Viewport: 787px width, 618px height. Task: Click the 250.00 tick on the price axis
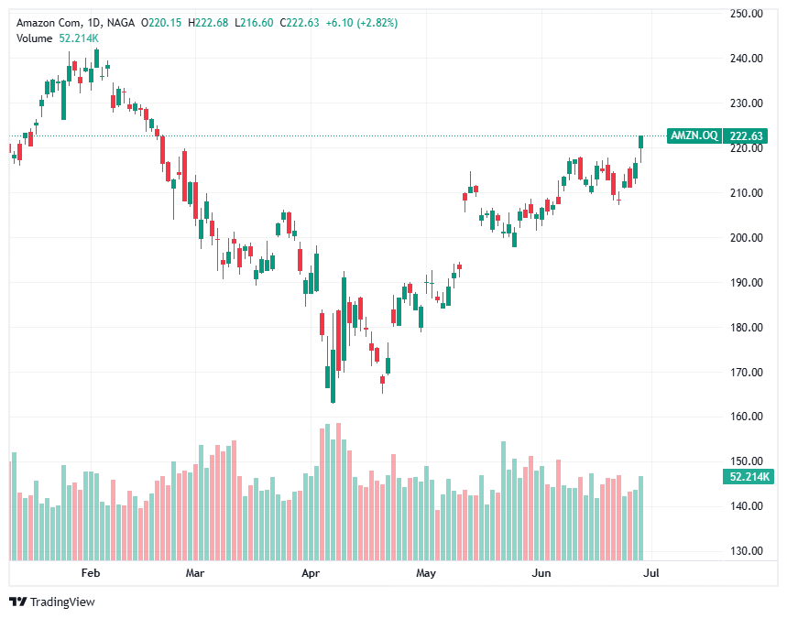[x=747, y=14]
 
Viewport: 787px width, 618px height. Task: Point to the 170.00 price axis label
[x=747, y=373]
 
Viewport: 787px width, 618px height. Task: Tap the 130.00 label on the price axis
[x=747, y=551]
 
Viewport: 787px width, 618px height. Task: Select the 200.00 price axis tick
[x=747, y=238]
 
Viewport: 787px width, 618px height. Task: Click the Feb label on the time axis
[x=90, y=574]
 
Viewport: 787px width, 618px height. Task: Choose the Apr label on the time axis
[x=311, y=574]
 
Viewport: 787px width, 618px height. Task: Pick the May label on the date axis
[x=425, y=574]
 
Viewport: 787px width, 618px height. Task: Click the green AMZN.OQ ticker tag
[x=694, y=136]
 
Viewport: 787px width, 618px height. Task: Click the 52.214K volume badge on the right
[x=747, y=477]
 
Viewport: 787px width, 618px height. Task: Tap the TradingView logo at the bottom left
[x=52, y=602]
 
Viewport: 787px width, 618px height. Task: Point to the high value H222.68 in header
[x=204, y=21]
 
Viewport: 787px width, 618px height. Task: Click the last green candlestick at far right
[x=641, y=141]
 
